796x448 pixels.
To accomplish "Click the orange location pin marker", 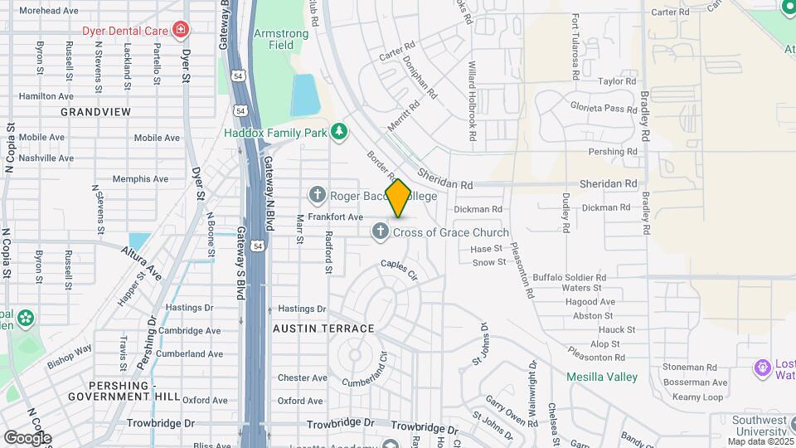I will (398, 197).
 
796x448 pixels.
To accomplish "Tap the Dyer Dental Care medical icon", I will (181, 31).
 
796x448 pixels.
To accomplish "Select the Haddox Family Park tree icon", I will (338, 132).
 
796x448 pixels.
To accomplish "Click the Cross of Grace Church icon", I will (380, 231).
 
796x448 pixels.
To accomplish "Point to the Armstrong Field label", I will (281, 39).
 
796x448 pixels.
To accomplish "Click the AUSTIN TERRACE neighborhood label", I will (323, 329).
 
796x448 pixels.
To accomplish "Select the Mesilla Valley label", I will (601, 377).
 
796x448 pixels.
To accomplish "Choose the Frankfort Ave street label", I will (336, 217).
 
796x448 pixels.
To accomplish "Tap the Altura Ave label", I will (142, 261).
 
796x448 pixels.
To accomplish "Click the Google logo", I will (27, 438).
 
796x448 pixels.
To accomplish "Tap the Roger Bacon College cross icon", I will (316, 196).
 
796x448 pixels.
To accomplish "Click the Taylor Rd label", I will (616, 81).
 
